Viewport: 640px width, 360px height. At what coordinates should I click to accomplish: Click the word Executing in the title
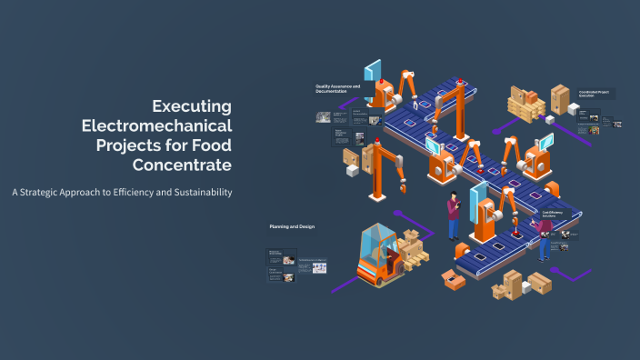click(192, 105)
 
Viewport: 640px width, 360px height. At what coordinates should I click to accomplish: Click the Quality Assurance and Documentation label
click(338, 89)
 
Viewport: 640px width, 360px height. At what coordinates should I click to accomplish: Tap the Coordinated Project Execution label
click(596, 93)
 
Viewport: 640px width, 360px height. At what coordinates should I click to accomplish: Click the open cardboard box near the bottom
click(452, 280)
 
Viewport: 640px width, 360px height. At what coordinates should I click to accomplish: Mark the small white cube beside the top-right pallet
click(573, 109)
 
